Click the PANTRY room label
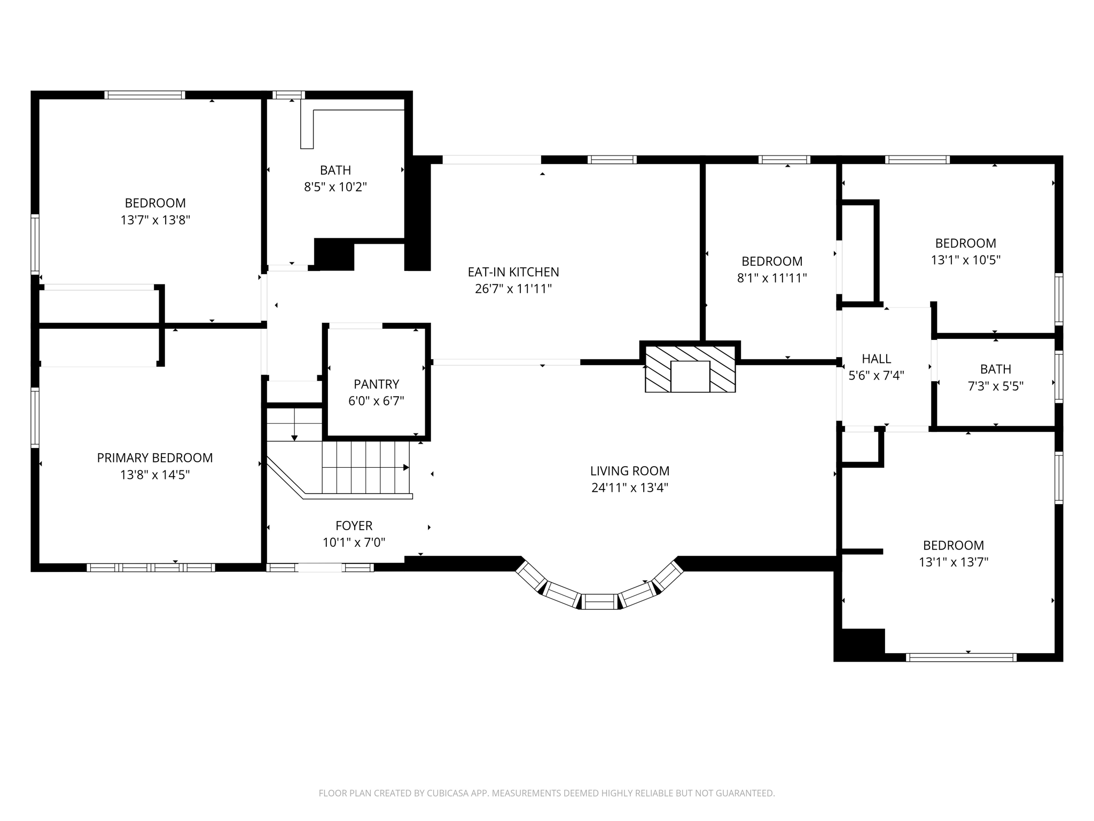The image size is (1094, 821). [x=376, y=384]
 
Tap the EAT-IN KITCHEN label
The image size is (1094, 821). [x=513, y=272]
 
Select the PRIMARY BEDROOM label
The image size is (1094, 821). [x=155, y=458]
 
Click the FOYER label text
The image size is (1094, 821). [x=354, y=525]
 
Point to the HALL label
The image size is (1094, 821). [x=876, y=358]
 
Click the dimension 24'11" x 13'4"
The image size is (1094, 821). [x=630, y=487]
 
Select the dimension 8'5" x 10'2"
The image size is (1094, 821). [x=335, y=187]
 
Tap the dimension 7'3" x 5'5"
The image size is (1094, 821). [x=995, y=386]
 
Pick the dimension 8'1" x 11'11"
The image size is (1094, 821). [x=772, y=278]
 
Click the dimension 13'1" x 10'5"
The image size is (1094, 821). [x=965, y=260]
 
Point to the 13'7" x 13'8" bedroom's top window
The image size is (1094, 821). [x=145, y=95]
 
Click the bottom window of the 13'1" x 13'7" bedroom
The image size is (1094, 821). [x=961, y=657]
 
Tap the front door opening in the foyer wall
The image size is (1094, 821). [x=319, y=568]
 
